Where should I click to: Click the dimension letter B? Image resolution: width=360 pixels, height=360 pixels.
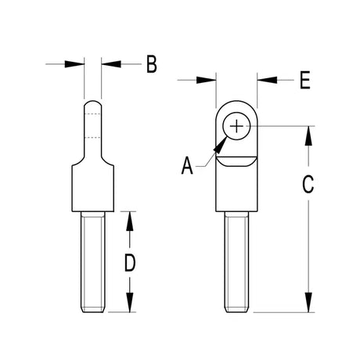coord(152,64)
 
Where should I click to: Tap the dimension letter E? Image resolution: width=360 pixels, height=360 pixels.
coord(305,80)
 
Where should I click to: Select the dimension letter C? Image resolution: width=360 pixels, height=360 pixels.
coord(308,185)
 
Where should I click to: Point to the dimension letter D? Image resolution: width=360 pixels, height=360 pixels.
coord(130,263)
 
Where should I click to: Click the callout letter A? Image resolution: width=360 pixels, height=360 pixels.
coord(187,165)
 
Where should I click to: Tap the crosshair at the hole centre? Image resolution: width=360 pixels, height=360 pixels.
coord(236,126)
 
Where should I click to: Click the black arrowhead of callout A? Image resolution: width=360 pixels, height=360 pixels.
coord(220,146)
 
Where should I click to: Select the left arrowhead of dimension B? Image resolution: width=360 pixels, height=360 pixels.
coord(74,64)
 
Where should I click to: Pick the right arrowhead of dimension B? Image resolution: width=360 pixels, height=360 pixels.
coord(111,64)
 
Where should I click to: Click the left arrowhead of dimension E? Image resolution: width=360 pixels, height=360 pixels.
coord(206,80)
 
